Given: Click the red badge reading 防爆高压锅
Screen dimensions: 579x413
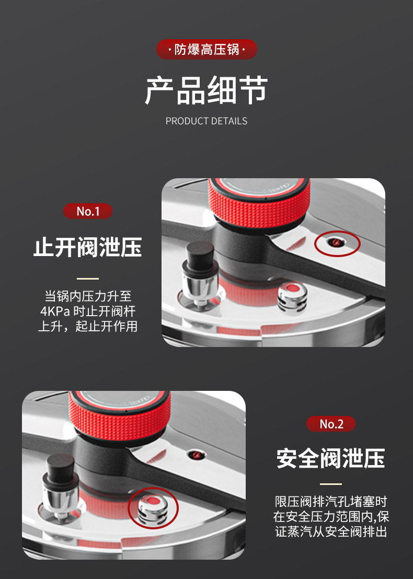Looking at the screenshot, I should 206,50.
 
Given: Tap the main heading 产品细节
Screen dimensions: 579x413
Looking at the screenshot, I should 206,90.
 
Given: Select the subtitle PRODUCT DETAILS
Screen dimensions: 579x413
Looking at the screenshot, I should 206,121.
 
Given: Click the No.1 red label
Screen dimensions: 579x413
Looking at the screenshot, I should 88,211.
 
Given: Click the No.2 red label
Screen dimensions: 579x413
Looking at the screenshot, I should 330,424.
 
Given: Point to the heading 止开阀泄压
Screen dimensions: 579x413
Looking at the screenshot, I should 88,247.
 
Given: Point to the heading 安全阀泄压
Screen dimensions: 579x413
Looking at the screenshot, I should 330,458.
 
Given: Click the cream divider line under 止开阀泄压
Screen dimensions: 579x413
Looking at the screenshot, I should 88,279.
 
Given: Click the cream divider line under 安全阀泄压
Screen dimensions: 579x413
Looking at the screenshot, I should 330,484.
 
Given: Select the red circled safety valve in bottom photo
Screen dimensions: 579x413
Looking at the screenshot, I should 153,507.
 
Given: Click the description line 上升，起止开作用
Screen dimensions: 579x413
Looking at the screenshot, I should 88,327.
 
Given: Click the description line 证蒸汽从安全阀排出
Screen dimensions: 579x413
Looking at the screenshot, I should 330,532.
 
